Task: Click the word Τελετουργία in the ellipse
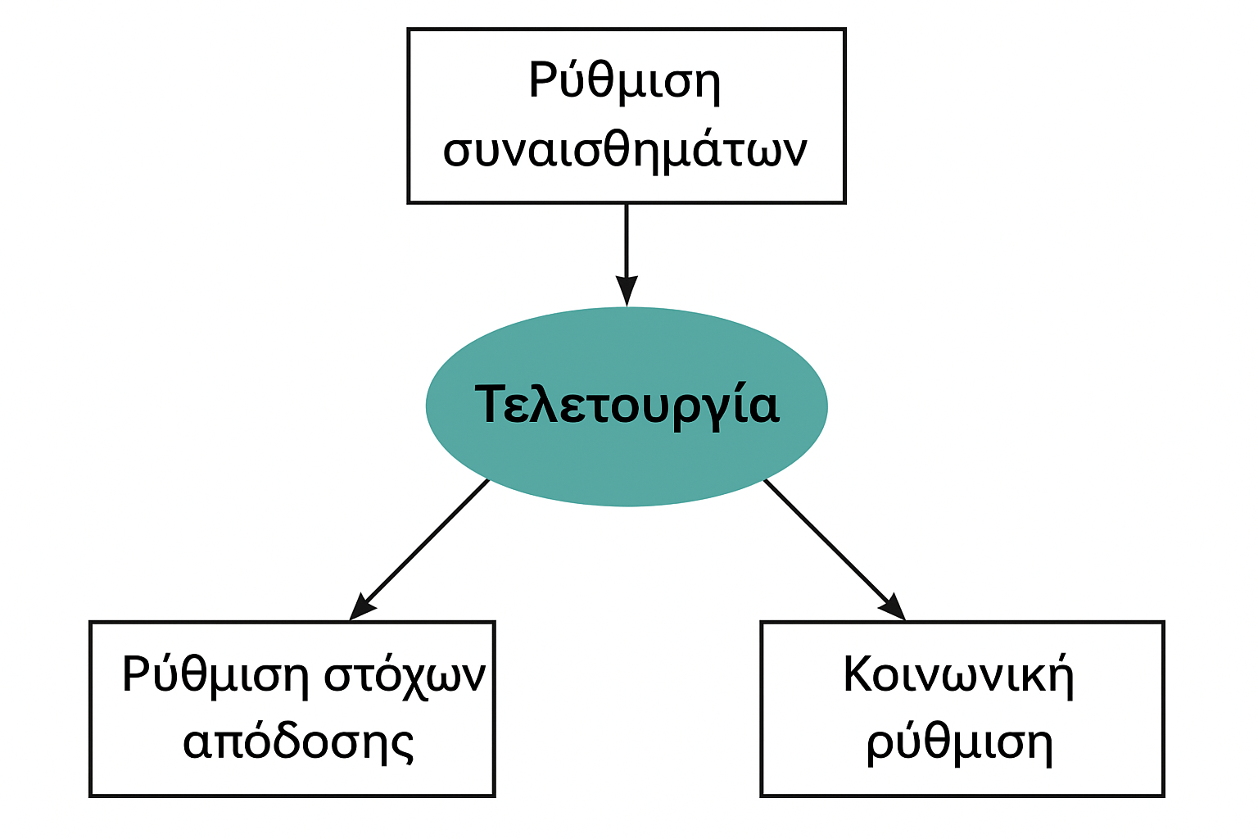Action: click(x=627, y=405)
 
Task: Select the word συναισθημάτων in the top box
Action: click(x=625, y=151)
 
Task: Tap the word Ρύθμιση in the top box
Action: click(x=624, y=82)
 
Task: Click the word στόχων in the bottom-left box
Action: click(x=405, y=678)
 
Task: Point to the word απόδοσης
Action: click(x=298, y=743)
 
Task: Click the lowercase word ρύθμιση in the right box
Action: click(x=959, y=743)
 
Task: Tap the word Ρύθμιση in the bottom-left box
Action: click(x=215, y=678)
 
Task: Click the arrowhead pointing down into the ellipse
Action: click(x=627, y=291)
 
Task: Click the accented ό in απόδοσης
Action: click(x=258, y=741)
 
